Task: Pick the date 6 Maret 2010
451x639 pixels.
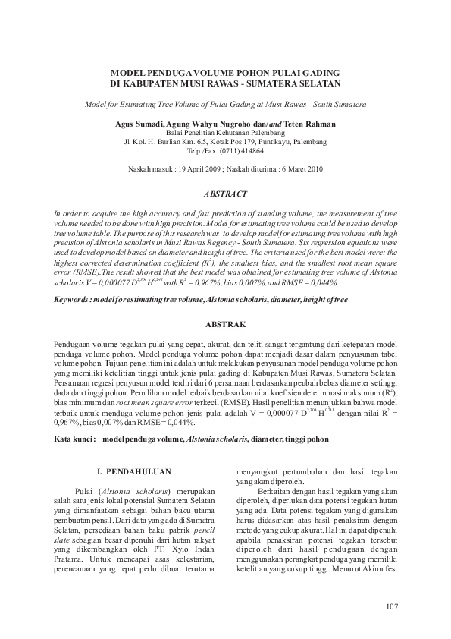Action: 299,170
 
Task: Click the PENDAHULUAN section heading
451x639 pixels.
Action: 139,471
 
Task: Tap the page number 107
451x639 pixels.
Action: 391,605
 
